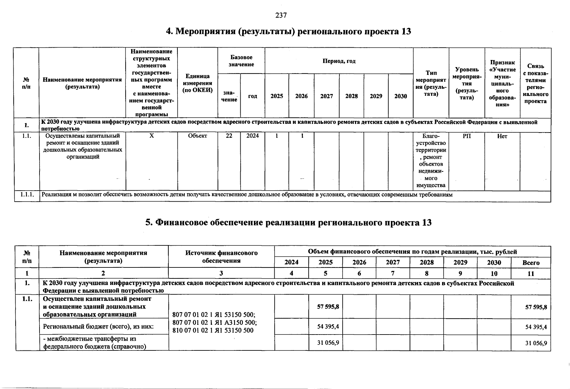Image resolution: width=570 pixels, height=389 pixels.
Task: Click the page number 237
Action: click(x=281, y=15)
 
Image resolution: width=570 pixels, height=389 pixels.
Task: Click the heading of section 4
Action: click(x=288, y=31)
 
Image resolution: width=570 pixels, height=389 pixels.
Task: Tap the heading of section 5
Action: click(x=288, y=223)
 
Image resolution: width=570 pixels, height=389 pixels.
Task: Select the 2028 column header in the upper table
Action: click(x=351, y=96)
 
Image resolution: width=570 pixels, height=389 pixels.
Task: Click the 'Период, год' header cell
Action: click(x=339, y=61)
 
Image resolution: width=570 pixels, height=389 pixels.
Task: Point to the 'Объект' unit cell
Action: click(x=198, y=136)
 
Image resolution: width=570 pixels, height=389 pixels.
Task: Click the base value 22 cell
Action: click(x=229, y=136)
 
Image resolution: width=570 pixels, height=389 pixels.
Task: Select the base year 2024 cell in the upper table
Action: click(x=253, y=136)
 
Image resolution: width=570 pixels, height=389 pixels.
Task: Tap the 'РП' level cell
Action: click(x=467, y=136)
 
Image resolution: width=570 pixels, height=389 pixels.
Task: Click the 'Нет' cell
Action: click(x=502, y=136)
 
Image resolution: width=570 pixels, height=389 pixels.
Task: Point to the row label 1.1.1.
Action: click(x=27, y=194)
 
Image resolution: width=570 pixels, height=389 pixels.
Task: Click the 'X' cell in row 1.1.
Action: click(x=152, y=136)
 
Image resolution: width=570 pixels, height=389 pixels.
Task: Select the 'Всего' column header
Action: click(x=531, y=263)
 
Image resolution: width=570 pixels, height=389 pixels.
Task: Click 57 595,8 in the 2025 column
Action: click(x=328, y=307)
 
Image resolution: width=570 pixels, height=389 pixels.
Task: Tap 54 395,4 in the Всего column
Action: click(x=536, y=327)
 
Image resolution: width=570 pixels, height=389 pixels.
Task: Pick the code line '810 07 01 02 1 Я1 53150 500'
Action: click(x=213, y=331)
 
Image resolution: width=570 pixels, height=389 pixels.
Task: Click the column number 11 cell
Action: click(x=531, y=274)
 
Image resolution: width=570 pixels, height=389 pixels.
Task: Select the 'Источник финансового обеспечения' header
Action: click(x=221, y=257)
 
